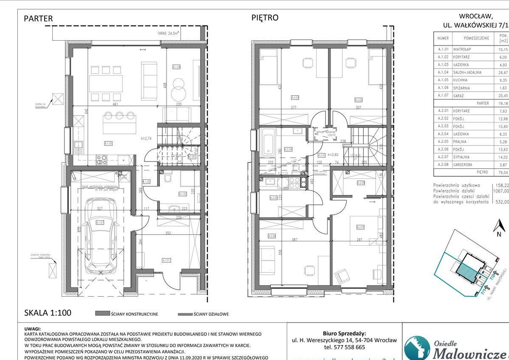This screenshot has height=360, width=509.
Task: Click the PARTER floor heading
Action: pos(38,18)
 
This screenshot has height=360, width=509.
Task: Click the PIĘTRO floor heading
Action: pos(264,18)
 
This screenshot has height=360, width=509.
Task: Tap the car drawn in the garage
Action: pos(101,235)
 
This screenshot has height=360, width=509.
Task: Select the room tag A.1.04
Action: pos(177,67)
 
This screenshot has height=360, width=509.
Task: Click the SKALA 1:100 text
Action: pos(47,313)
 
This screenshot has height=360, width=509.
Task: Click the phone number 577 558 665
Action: pos(345,347)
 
